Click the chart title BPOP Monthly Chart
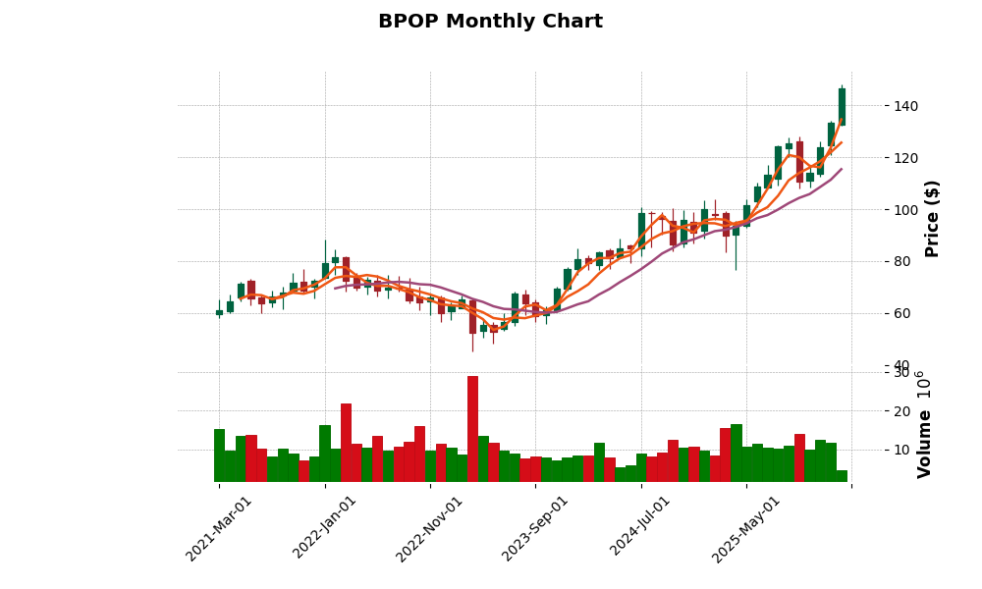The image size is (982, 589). [490, 22]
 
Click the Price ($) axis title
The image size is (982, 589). [932, 218]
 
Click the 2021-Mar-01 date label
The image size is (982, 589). [219, 528]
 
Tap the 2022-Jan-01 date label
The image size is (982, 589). [325, 528]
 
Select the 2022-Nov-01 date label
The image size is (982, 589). [430, 528]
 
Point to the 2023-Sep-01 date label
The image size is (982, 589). [535, 528]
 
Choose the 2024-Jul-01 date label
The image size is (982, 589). [641, 528]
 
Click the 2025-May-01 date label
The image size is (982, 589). [746, 528]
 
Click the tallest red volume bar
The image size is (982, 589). [472, 429]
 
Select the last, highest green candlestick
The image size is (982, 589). [842, 106]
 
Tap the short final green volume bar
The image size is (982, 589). [842, 476]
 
